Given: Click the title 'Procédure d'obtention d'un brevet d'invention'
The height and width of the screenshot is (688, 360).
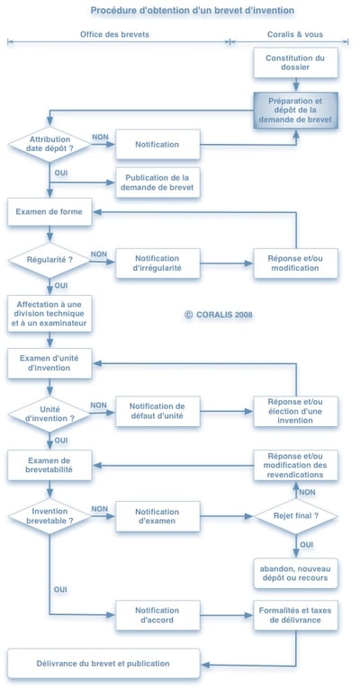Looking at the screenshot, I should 180,10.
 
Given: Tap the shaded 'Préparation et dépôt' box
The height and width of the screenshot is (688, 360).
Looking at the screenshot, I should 294,109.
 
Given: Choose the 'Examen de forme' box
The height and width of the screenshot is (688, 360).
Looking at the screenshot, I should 49,213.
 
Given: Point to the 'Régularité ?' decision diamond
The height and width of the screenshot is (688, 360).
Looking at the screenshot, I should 49,259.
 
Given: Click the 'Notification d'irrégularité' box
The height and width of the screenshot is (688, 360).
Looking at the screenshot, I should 157,264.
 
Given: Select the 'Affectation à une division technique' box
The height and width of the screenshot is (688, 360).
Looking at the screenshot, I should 49,312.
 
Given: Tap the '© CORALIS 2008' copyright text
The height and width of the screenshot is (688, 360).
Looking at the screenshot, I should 219,315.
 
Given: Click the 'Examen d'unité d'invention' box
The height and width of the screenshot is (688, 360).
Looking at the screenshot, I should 49,362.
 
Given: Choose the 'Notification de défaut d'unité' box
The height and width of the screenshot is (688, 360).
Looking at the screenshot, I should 157,412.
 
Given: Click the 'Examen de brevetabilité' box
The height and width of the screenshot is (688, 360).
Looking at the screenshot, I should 49,465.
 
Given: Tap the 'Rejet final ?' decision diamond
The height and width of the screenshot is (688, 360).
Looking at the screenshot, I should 295,516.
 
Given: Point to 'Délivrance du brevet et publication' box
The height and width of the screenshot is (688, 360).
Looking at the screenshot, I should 104,664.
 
